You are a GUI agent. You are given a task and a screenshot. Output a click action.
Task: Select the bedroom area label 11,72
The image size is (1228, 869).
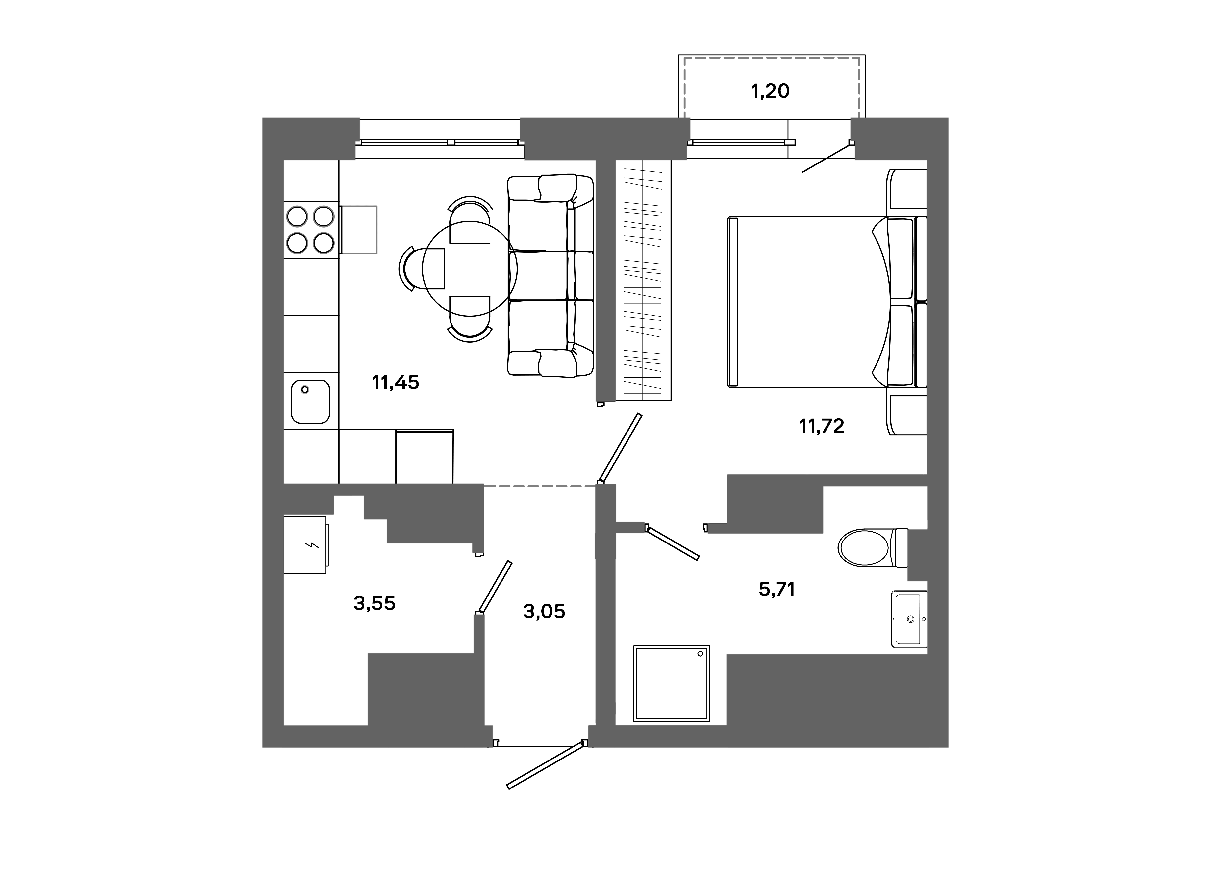coord(822,426)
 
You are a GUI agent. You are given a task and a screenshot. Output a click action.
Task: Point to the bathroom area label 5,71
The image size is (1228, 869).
coord(777,590)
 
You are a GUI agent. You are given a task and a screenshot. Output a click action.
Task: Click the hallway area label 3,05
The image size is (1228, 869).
coord(544,611)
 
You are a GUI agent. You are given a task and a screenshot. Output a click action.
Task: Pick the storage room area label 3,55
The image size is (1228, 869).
coord(374,604)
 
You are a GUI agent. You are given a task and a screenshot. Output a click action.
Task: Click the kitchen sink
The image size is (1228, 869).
coord(310,402)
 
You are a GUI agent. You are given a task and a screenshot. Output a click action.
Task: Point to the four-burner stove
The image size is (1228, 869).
coord(310,230)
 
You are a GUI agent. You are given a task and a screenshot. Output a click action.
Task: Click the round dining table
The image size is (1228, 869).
coord(470,269)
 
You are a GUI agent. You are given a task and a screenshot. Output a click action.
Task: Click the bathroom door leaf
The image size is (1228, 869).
coord(673,543)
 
